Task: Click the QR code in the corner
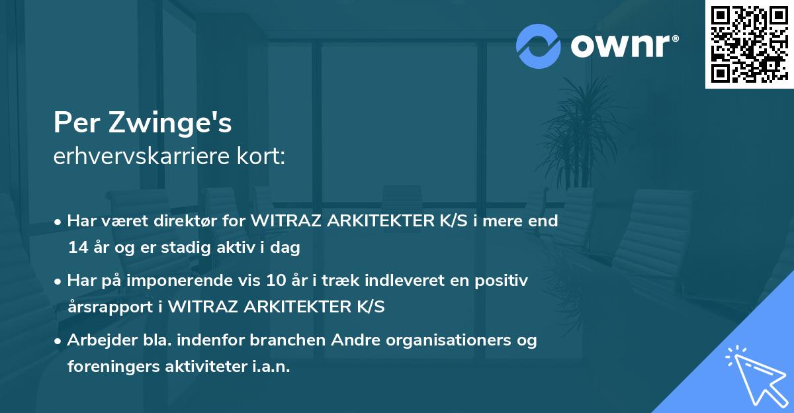click(749, 44)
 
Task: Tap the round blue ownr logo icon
click(539, 46)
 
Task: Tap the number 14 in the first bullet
click(77, 248)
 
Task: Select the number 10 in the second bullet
click(290, 281)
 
